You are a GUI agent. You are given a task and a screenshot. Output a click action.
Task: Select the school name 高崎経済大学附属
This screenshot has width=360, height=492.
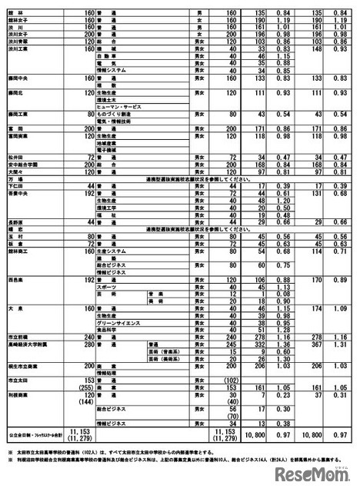coord(27,346)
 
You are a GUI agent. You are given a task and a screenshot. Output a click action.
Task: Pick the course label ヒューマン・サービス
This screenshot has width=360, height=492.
coord(115,105)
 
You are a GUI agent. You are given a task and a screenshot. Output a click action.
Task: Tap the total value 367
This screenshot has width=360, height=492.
coord(314,346)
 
